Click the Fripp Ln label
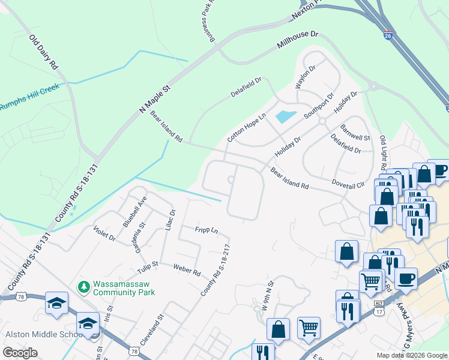[206, 230]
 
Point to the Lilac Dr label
[170, 220]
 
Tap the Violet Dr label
[104, 233]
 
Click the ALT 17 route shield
[379, 308]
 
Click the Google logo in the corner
[20, 352]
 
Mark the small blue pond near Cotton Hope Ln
[285, 116]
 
